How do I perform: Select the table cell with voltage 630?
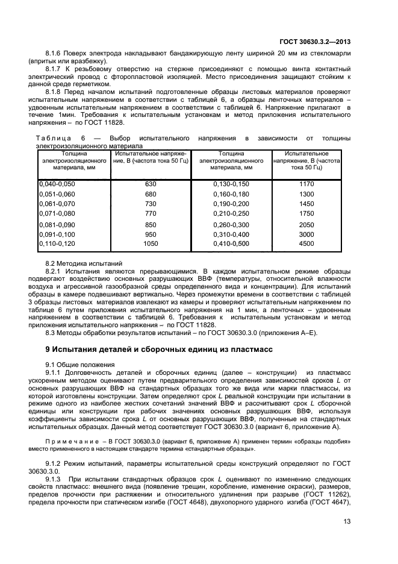(151, 183)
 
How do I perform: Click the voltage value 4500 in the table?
(306, 244)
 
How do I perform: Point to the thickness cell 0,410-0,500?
(231, 244)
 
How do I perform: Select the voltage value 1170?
(306, 183)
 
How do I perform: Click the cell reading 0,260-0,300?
(231, 224)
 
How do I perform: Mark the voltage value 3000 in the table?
(306, 234)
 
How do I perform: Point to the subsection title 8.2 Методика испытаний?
(84, 264)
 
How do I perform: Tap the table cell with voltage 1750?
(306, 213)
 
